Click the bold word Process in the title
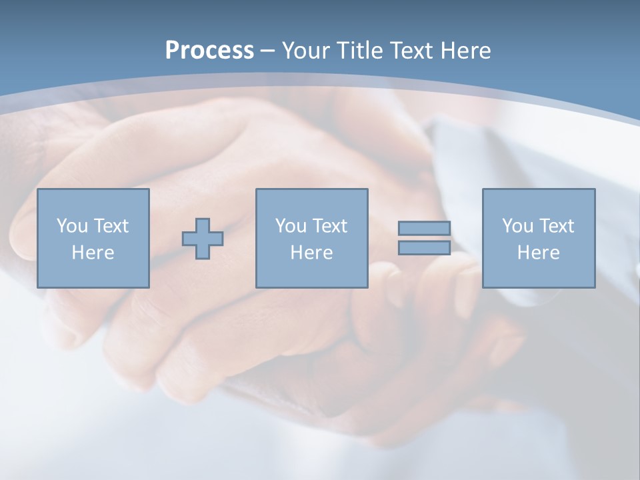(209, 51)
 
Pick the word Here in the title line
(467, 51)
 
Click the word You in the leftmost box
(71, 226)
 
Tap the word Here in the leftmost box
(93, 253)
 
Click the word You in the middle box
(290, 226)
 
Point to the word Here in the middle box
(311, 253)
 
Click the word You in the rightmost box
(517, 226)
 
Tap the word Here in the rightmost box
(538, 253)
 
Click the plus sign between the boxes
(203, 239)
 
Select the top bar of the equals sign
(424, 228)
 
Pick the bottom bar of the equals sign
(424, 248)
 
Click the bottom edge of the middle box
(311, 287)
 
